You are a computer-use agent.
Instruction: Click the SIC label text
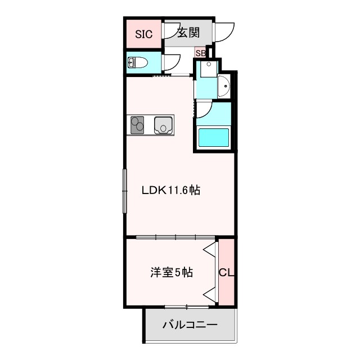(x=143, y=34)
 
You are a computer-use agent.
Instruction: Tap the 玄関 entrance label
(x=188, y=33)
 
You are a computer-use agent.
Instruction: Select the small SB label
(x=200, y=53)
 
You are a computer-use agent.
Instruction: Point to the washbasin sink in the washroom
(x=223, y=85)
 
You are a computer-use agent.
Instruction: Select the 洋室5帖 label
(x=172, y=273)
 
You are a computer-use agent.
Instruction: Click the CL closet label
(x=226, y=273)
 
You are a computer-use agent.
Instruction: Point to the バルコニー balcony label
(x=190, y=325)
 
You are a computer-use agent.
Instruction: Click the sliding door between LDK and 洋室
(x=174, y=237)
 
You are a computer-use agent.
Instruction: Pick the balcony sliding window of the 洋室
(x=186, y=307)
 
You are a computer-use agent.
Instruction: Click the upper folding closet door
(x=210, y=253)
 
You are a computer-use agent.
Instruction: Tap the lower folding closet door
(x=210, y=292)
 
